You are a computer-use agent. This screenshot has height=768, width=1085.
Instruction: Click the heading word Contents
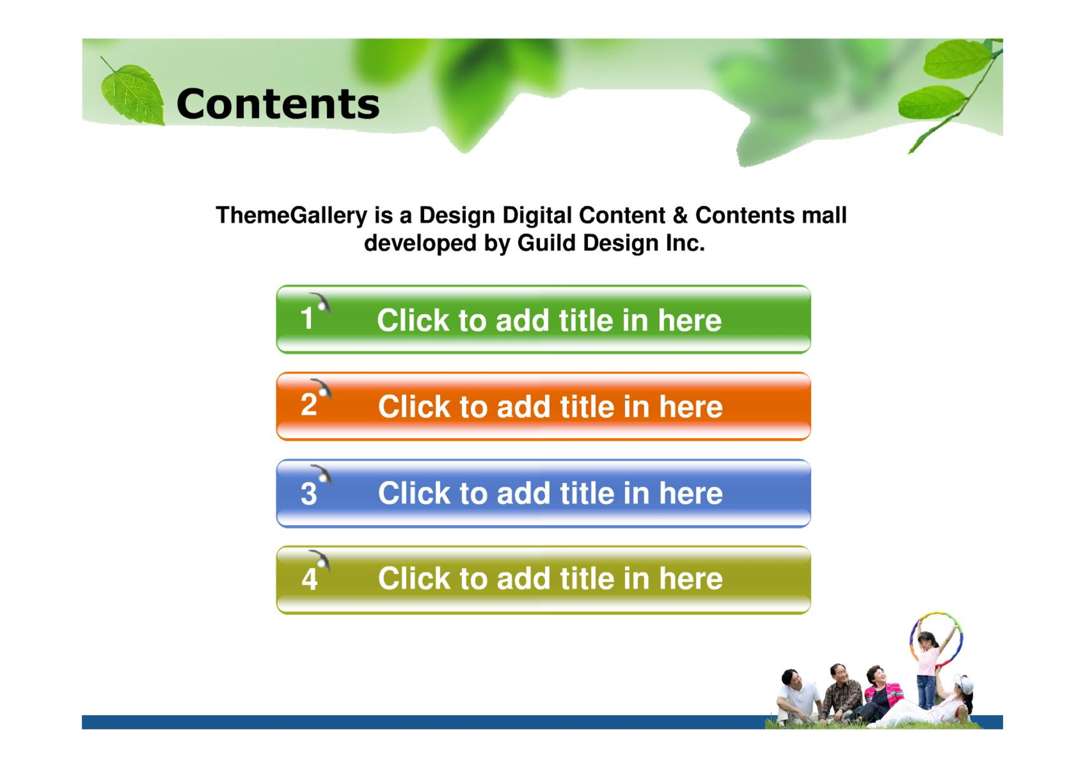[x=278, y=104]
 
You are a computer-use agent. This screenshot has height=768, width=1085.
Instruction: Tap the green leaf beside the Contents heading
[x=132, y=94]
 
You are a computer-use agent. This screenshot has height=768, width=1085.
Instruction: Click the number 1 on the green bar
[x=307, y=318]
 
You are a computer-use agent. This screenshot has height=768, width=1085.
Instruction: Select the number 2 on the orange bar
[x=309, y=404]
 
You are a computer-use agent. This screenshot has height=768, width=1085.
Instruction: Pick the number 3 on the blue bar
[x=309, y=493]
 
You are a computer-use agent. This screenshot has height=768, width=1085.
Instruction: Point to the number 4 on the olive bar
[x=309, y=579]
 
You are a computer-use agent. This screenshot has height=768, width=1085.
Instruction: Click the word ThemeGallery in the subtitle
[x=291, y=215]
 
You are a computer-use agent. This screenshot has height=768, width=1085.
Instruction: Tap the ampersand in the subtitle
[x=680, y=215]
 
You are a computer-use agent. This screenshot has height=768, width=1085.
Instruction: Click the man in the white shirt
[x=797, y=696]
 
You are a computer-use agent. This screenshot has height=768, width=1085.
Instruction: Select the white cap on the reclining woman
[x=965, y=683]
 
